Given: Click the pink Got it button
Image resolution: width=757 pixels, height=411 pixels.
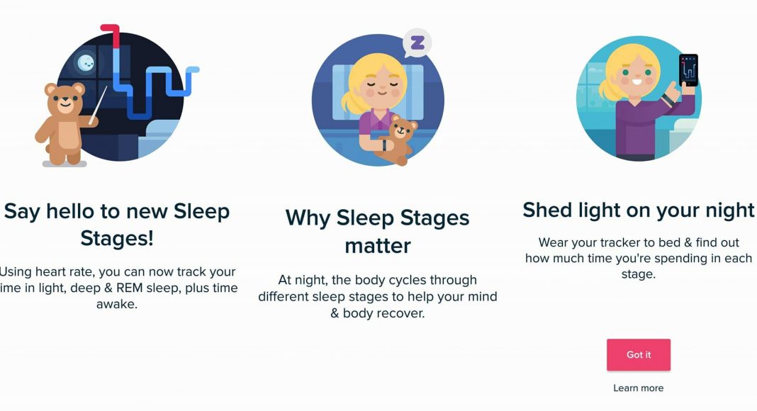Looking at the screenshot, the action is (638, 354).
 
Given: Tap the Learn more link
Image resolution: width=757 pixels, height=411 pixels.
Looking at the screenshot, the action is (638, 388).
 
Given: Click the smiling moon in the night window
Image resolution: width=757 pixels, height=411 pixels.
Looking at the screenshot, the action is (86, 62).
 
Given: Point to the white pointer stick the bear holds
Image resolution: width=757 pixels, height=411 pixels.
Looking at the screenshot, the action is (98, 105).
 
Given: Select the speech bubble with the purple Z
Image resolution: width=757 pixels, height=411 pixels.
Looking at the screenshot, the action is (417, 43).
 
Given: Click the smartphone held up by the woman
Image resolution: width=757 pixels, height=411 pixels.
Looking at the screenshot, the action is (688, 70).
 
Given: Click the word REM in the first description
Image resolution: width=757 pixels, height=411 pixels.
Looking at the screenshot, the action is (130, 288).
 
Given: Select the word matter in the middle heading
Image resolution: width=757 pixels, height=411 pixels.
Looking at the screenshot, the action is (378, 246).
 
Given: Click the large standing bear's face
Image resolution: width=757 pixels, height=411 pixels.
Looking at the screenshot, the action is (65, 99).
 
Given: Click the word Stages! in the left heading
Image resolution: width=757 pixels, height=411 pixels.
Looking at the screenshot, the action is (117, 238).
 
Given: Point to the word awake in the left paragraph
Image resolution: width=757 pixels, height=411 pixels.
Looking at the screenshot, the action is (116, 305).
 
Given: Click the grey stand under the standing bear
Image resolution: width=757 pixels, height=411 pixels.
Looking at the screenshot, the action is (65, 164).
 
